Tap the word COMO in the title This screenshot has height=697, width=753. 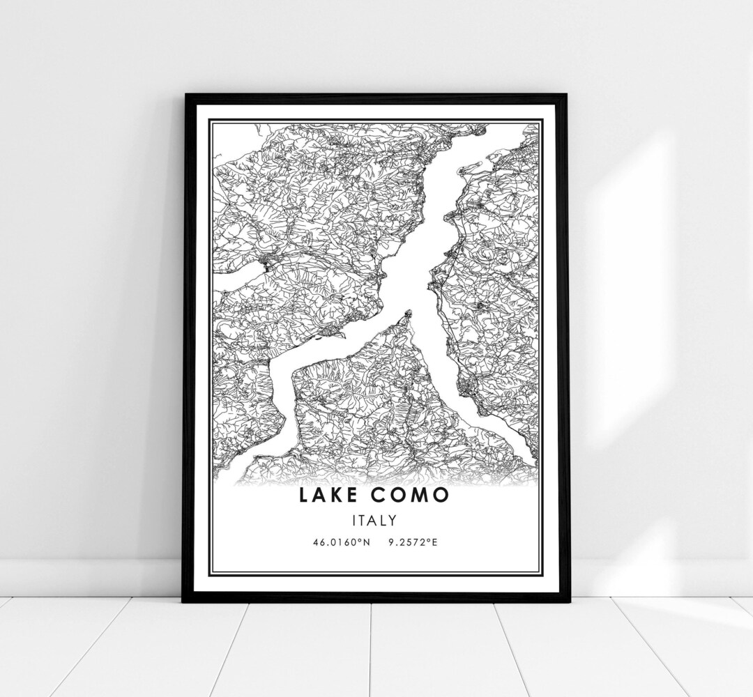[x=415, y=496]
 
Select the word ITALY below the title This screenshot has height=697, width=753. [x=375, y=520]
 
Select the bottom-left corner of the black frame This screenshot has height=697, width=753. [x=184, y=601]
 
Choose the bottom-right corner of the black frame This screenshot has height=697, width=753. [x=568, y=601]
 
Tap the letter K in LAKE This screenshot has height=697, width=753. [x=343, y=496]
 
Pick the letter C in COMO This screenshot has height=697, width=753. [x=383, y=496]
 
